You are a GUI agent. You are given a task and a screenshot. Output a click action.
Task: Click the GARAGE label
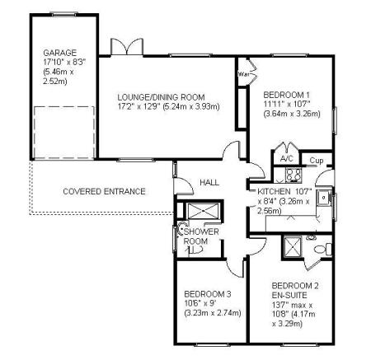point(59,53)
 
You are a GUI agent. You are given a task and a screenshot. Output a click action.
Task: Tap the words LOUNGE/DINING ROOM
point(161,97)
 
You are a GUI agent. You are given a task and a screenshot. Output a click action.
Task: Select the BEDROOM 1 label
point(287,95)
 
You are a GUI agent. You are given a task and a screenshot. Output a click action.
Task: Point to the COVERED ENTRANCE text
point(104,191)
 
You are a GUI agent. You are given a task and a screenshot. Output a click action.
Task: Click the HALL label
point(209,182)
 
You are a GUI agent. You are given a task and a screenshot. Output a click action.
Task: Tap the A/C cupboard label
point(287,158)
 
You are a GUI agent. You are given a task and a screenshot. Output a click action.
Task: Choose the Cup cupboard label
point(317,161)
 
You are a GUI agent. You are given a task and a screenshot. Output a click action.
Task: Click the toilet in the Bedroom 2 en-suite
point(323,249)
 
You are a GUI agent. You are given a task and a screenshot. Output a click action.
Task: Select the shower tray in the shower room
point(204,211)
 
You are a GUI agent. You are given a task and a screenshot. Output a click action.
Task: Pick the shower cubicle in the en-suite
point(293,247)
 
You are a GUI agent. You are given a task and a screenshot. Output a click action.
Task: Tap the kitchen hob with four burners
point(294,175)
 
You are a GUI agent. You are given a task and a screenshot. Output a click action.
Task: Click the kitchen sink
point(324,198)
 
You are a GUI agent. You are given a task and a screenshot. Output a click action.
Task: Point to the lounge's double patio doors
point(127,47)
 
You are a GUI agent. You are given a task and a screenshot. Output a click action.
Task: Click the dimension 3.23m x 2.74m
point(213,313)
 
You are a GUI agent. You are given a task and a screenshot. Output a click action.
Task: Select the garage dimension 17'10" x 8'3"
point(64,63)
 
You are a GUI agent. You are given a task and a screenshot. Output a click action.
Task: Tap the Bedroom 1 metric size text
point(292,114)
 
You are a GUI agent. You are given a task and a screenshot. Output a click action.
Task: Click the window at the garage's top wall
point(64,14)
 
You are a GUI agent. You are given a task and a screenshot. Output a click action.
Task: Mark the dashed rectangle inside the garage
point(64,133)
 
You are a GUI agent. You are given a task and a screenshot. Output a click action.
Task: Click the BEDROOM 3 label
point(208,294)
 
